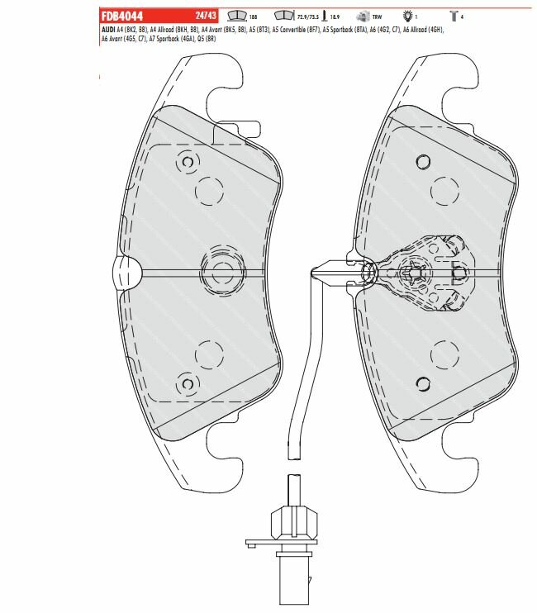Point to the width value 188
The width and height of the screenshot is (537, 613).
click(252, 16)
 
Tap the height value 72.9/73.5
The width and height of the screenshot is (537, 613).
click(307, 16)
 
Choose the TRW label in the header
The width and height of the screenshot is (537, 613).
click(378, 16)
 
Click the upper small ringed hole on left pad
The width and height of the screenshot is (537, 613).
click(188, 164)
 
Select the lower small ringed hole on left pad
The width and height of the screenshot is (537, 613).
click(183, 381)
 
